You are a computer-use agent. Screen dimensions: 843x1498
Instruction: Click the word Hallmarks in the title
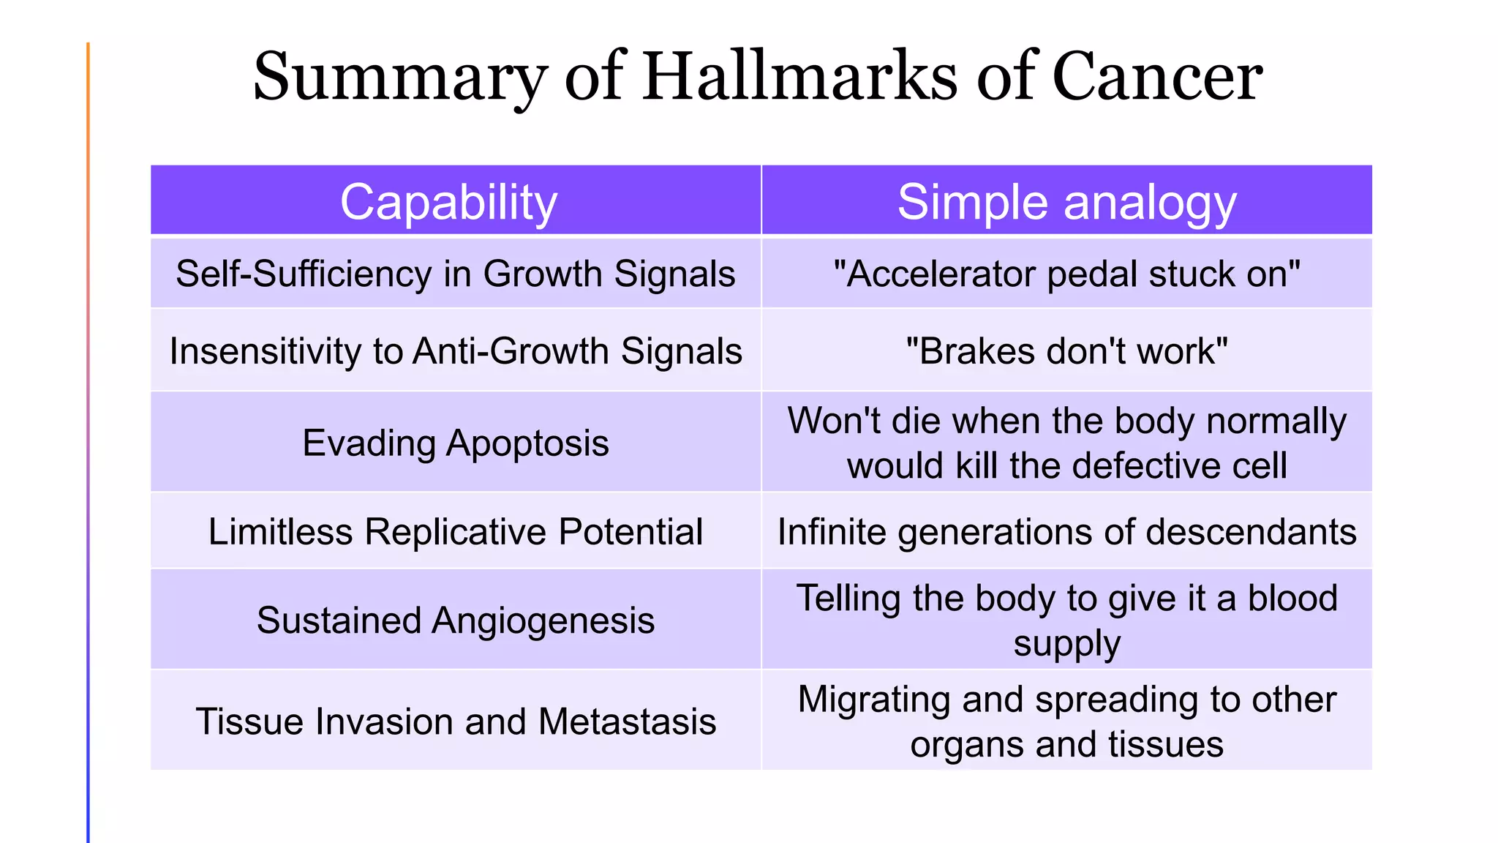(800, 76)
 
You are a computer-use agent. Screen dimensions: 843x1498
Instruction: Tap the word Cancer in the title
(1157, 76)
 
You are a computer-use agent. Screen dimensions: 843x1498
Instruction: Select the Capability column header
(448, 202)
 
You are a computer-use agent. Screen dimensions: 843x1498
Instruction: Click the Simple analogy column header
(1066, 202)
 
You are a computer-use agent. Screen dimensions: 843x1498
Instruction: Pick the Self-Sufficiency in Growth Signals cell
(455, 274)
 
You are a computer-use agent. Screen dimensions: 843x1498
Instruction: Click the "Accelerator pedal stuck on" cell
(1066, 274)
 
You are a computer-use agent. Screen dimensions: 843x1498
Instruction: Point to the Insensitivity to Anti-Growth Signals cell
(455, 351)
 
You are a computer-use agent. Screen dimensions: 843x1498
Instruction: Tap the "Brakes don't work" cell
(1066, 351)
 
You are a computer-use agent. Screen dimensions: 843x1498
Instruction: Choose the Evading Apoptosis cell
(455, 443)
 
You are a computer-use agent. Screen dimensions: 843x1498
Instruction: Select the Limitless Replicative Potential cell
(455, 531)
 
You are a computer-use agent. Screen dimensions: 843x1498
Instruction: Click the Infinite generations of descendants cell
(1066, 531)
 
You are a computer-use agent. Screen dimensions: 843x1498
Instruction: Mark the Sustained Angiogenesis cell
(455, 621)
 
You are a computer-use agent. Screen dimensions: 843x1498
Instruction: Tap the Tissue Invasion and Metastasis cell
(455, 722)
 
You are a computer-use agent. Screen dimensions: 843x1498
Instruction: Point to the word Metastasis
(627, 722)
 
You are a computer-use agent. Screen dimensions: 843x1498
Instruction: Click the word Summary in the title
(400, 78)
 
